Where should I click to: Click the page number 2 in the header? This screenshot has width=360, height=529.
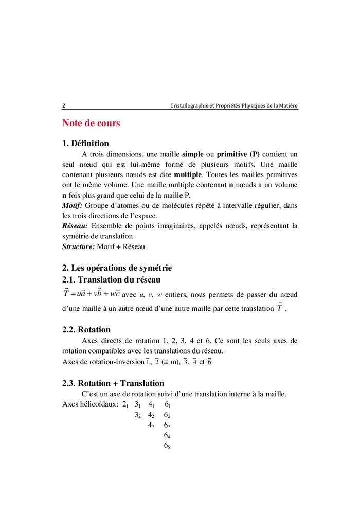(64, 106)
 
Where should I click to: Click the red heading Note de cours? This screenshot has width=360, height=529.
(91, 123)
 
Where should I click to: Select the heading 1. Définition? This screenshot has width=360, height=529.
(85, 144)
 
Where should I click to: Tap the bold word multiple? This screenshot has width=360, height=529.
(188, 175)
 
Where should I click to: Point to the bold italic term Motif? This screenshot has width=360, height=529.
(73, 206)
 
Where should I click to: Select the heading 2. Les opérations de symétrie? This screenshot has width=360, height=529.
(117, 268)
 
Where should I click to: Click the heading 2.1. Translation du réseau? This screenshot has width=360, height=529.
(111, 280)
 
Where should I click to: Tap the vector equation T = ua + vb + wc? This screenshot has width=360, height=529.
(91, 294)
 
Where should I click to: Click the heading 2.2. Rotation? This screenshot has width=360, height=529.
(86, 329)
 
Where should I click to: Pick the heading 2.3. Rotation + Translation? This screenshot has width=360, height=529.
(113, 383)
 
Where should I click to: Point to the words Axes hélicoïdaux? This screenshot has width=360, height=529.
(90, 404)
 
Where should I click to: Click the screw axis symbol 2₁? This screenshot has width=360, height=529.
(125, 405)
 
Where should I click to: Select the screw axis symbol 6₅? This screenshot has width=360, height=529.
(167, 446)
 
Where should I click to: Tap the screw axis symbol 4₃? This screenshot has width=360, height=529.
(152, 426)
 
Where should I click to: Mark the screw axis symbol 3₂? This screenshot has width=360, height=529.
(138, 415)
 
